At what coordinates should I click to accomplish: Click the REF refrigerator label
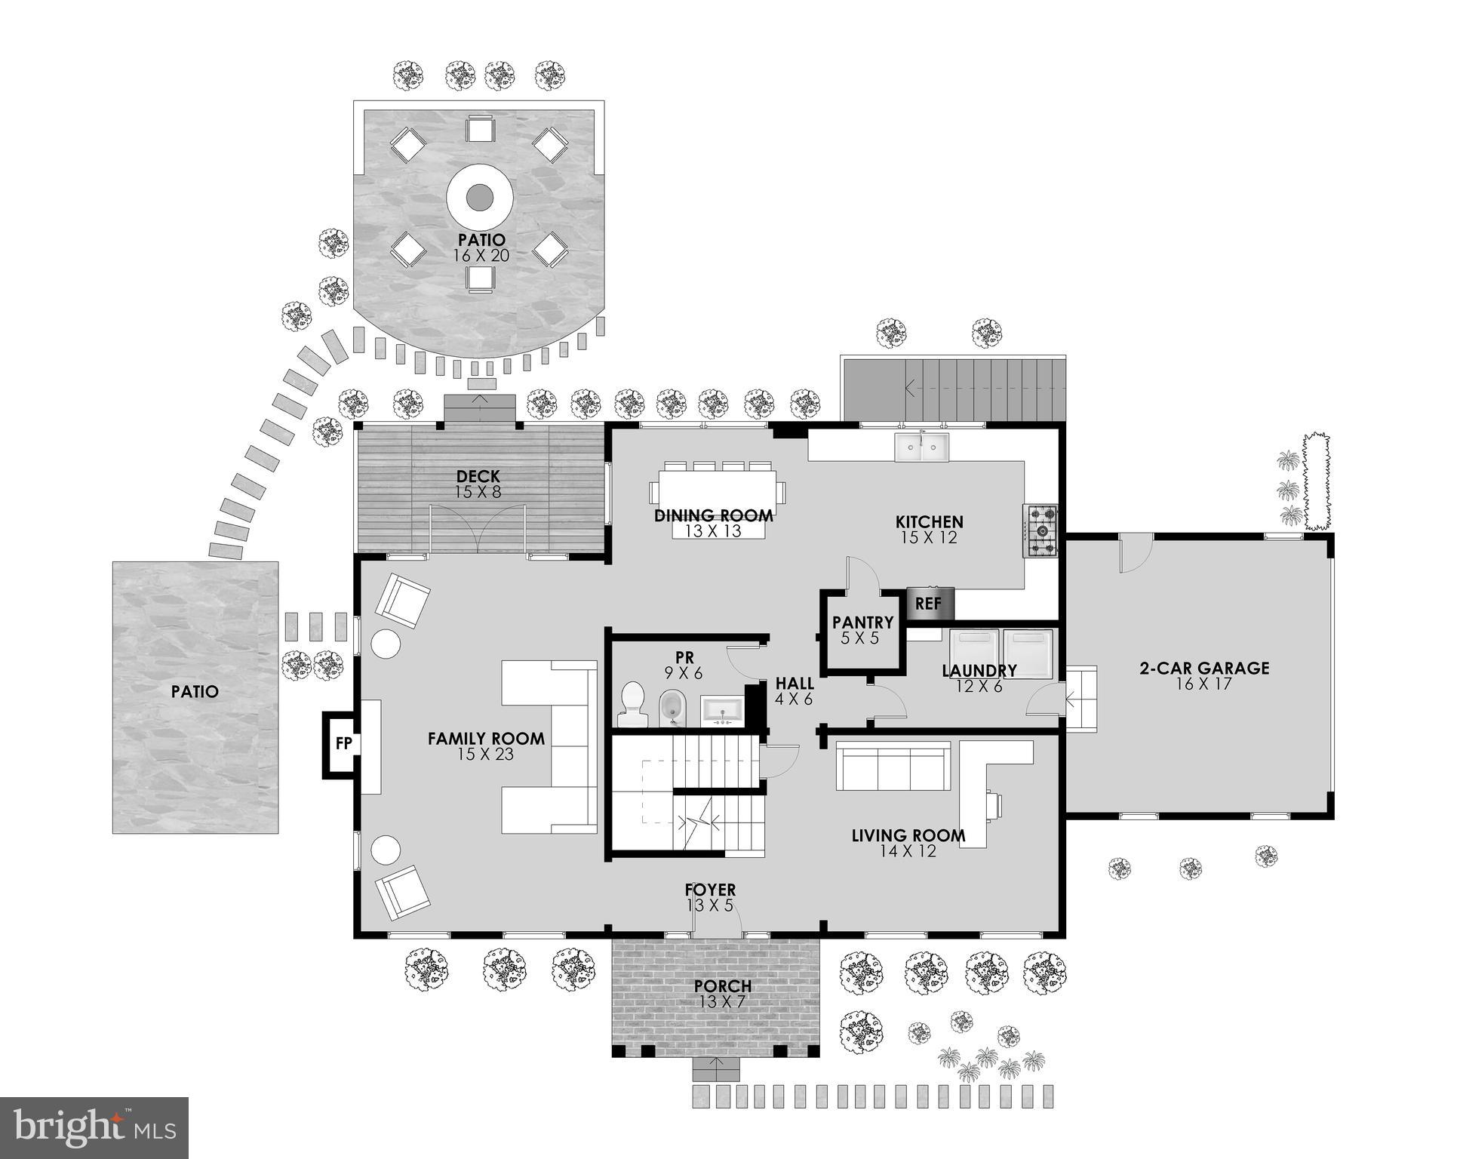(928, 604)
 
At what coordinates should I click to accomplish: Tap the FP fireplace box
(343, 744)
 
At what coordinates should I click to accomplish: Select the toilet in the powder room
(632, 704)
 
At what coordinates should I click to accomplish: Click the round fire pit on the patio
(479, 198)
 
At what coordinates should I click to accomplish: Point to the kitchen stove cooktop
(1040, 531)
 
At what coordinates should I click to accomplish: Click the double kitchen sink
(922, 447)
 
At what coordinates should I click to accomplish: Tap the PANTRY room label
(862, 623)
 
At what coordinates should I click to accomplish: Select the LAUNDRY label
(979, 671)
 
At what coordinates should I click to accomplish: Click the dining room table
(718, 492)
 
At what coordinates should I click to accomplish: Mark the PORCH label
(722, 986)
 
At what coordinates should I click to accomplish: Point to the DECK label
(478, 477)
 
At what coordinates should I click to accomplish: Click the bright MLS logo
(94, 1128)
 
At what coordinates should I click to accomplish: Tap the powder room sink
(723, 710)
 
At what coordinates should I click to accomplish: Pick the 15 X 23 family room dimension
(485, 754)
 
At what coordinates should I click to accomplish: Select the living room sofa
(893, 765)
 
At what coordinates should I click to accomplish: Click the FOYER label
(710, 890)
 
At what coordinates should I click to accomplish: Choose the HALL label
(795, 684)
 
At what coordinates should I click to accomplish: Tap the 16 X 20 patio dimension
(481, 256)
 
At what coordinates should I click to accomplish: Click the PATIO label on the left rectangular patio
(195, 691)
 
